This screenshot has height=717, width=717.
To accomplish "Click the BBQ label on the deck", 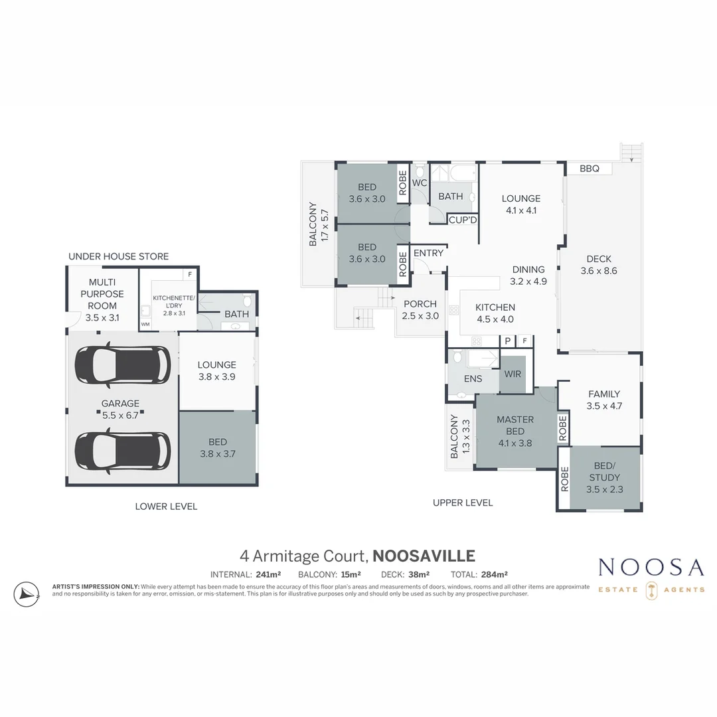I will pos(589,169).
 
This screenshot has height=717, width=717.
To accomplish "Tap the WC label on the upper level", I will pos(420,183).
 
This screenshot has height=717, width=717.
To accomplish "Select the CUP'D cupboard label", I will pos(463,220).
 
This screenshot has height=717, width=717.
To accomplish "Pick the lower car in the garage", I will pos(123,451).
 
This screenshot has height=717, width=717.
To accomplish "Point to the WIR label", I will pos(513,374).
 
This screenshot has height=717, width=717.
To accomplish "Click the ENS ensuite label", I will pos(473,379).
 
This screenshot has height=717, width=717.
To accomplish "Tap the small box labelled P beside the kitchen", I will pos(507,341).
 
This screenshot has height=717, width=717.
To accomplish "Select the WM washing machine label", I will pos(145,324).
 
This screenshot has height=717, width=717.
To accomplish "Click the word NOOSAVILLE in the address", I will pos(424,556).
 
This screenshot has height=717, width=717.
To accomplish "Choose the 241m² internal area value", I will pos(268,575).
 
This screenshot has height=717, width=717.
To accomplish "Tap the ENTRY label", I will pos(428,253).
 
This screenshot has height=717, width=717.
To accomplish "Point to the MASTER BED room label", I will pos(515,425).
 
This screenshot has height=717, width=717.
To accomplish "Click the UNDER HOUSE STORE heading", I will pos(118,256).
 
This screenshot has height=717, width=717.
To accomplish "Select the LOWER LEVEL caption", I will pos(166,506).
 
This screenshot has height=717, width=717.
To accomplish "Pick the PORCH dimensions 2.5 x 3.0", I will pos(420,316).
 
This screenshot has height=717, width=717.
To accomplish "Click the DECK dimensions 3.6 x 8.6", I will pos(599,271).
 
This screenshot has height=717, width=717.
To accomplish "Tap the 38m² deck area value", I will pos(418,575).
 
